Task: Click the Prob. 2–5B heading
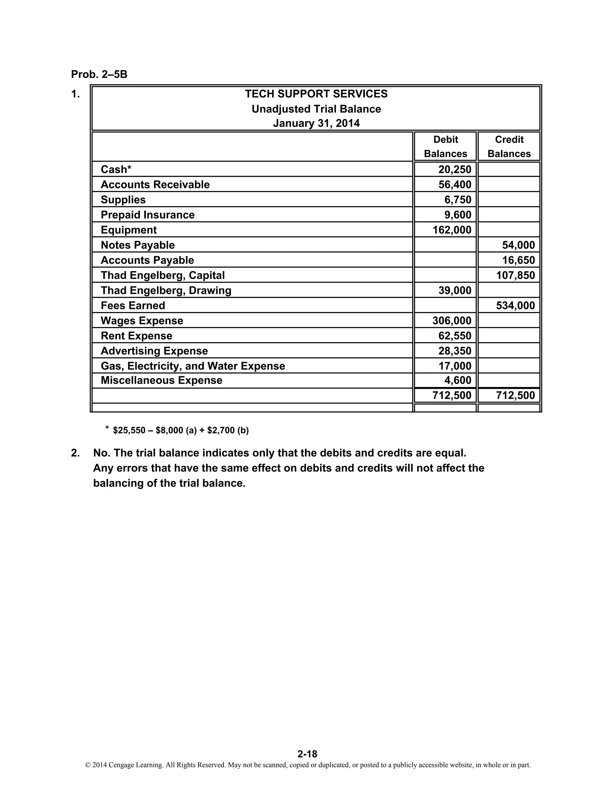pos(99,74)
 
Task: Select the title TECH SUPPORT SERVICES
pos(316,94)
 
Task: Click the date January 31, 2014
pos(316,123)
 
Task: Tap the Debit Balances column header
pos(445,146)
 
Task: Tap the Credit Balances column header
pos(509,146)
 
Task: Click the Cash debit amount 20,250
pos(455,169)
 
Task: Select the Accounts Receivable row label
pos(155,185)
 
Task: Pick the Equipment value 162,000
pos(452,230)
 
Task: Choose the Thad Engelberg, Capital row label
pos(162,276)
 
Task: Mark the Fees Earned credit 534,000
pos(515,306)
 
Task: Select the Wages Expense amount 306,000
pos(452,321)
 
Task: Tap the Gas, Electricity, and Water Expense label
pos(193,366)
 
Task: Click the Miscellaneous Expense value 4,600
pos(458,381)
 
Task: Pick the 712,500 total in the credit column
pos(515,396)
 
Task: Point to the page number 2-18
pos(307,754)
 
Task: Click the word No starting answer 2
pos(100,453)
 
